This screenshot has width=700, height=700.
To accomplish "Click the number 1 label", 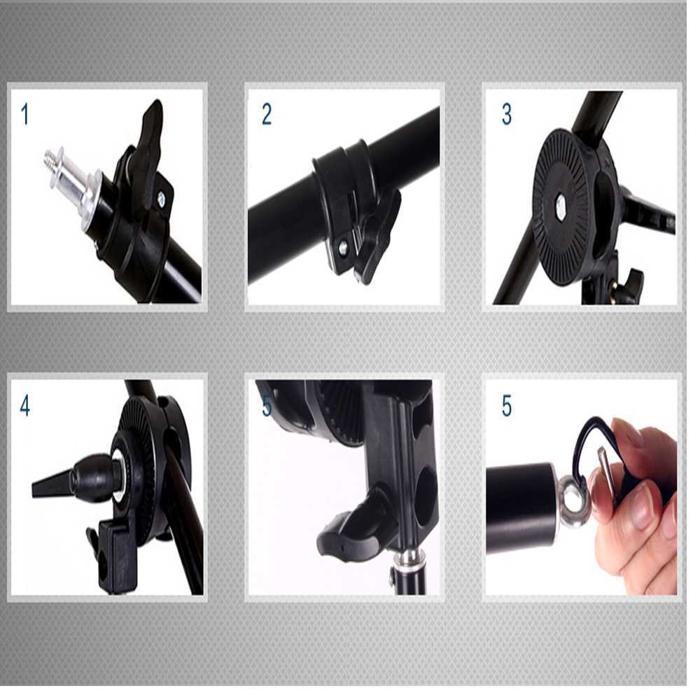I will [x=25, y=114].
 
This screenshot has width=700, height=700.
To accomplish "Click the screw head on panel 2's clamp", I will [x=344, y=247].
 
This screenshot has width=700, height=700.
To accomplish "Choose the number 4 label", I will [x=25, y=406].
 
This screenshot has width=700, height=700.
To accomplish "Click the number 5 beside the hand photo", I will [x=506, y=406].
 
